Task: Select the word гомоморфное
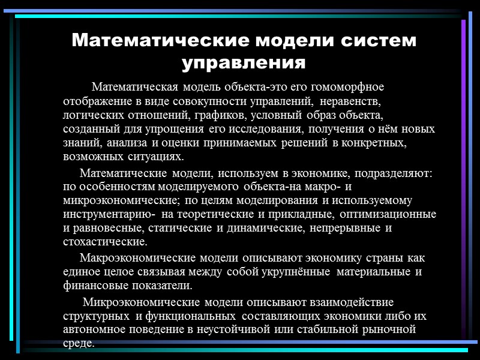[350, 88]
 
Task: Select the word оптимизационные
[389, 215]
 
